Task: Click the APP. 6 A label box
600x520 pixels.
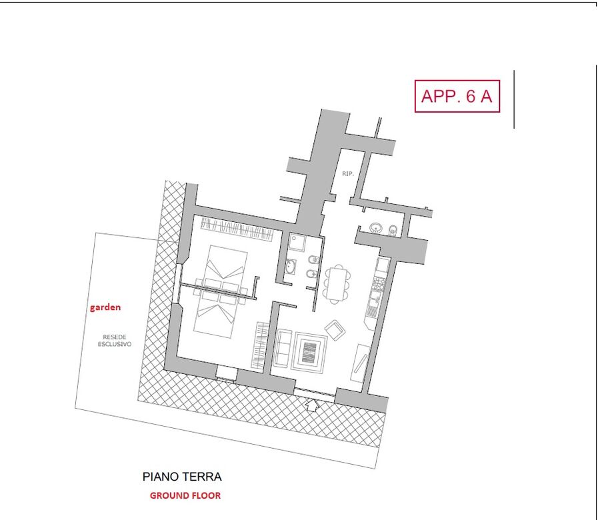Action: click(x=457, y=96)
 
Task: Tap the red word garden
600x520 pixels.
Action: click(x=105, y=307)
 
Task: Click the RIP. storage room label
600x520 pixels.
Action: click(x=348, y=174)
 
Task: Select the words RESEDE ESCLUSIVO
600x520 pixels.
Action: click(x=115, y=341)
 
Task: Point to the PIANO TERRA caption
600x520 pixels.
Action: click(x=182, y=477)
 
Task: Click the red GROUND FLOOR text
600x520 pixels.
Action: click(x=185, y=495)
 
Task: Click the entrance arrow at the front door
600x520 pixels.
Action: click(x=313, y=405)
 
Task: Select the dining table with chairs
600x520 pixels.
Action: click(x=337, y=284)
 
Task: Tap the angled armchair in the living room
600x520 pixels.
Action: click(x=335, y=329)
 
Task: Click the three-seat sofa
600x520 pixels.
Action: click(x=283, y=348)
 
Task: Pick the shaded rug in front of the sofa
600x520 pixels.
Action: click(x=309, y=353)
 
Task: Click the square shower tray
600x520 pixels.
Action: click(x=297, y=242)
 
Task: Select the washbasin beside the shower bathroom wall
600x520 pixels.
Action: click(x=290, y=266)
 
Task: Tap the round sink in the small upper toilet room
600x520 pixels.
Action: click(x=377, y=228)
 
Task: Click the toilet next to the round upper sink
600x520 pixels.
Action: click(x=393, y=231)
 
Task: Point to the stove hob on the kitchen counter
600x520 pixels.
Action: click(x=379, y=283)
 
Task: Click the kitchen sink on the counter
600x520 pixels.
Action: click(x=374, y=301)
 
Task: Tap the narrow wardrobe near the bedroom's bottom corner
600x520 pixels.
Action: click(x=260, y=345)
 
